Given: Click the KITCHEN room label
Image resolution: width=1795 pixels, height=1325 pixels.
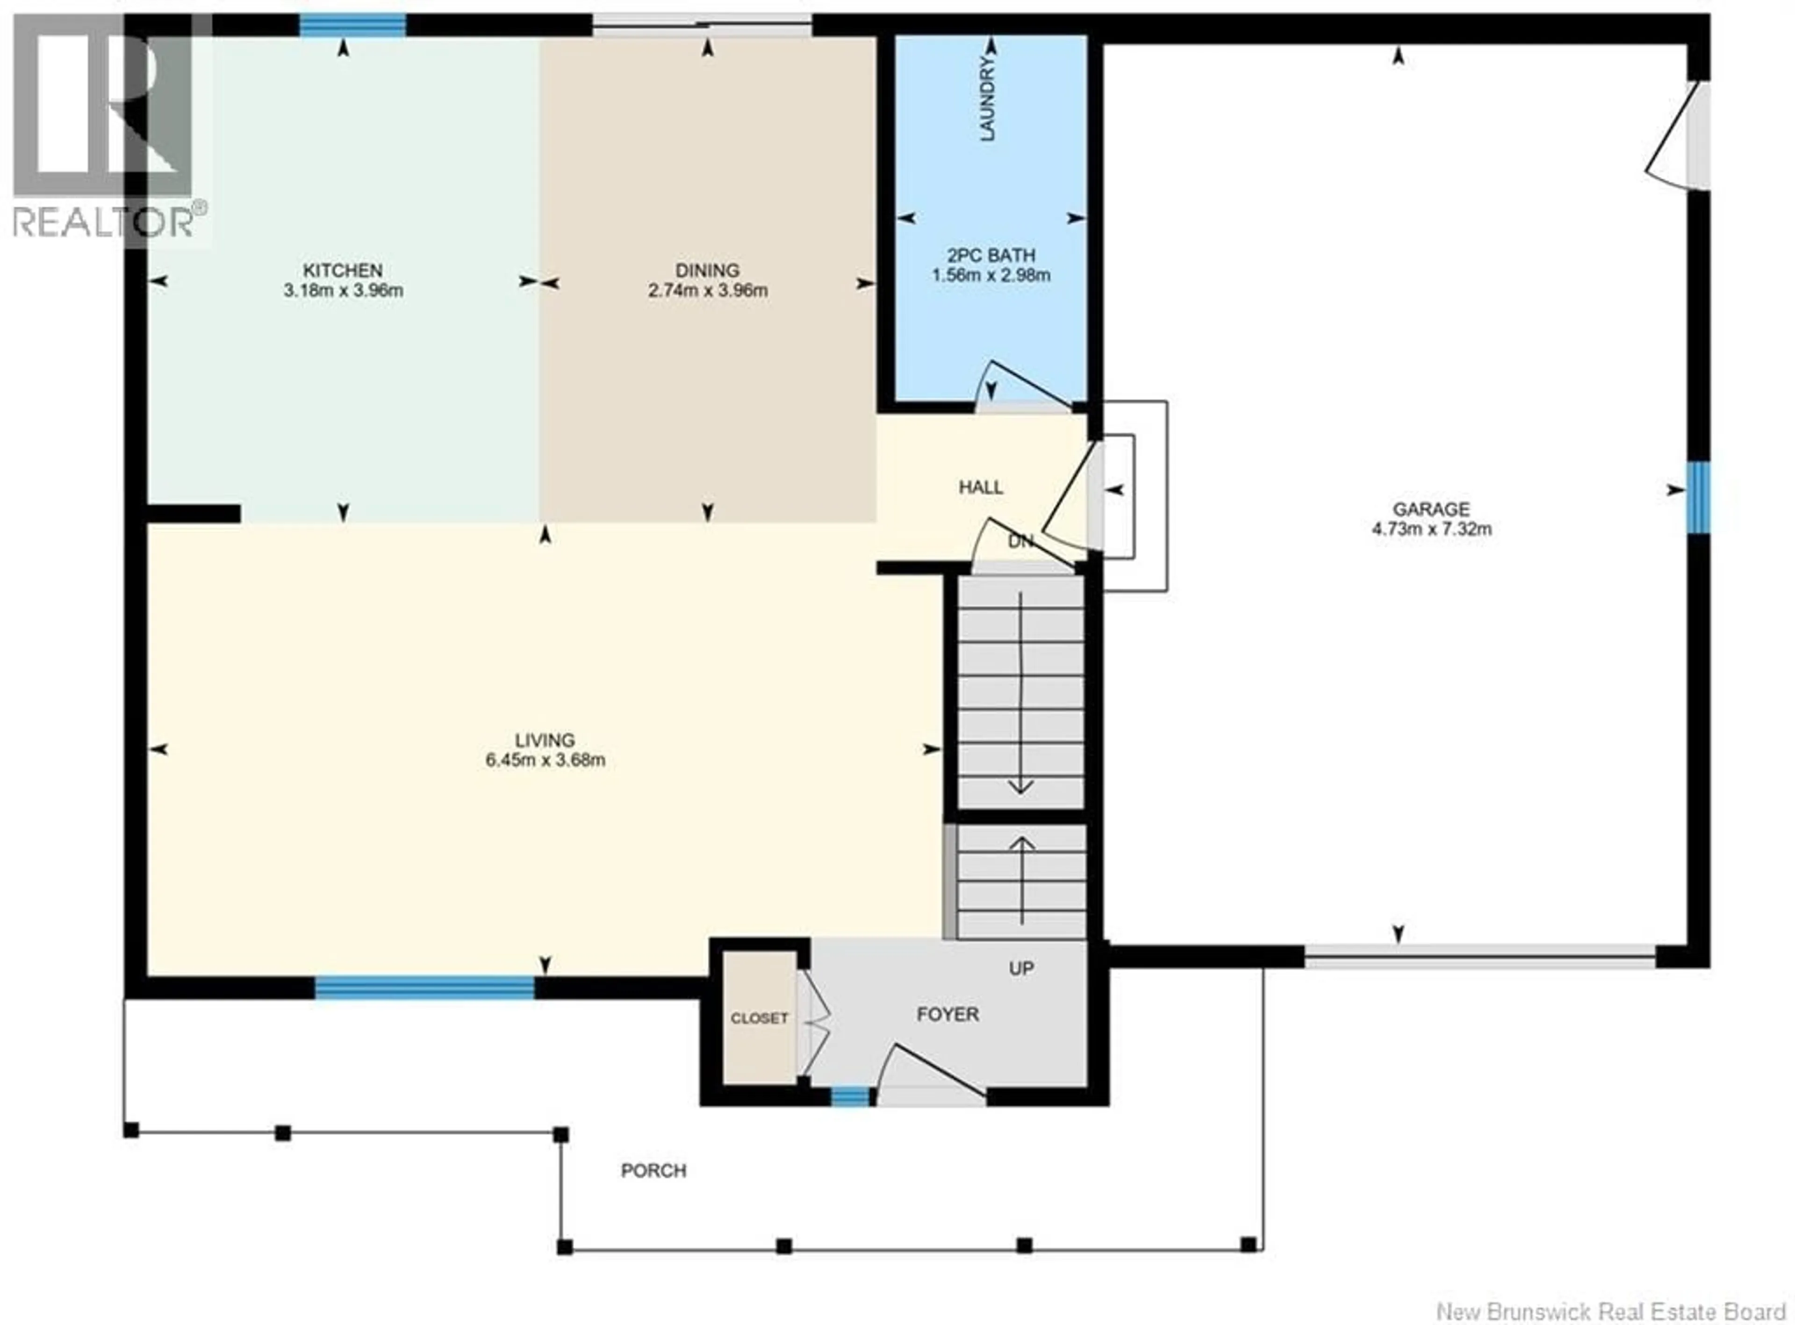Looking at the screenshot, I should click(343, 270).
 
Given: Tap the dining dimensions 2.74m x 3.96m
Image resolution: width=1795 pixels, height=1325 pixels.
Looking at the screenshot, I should click(707, 290).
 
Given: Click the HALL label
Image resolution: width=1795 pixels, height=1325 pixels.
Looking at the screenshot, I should click(980, 487).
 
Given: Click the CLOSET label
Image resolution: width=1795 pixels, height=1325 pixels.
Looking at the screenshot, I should click(759, 1018).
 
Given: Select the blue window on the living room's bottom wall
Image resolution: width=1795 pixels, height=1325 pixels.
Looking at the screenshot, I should click(424, 988).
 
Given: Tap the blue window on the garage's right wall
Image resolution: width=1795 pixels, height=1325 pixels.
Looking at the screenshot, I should click(1697, 497).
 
